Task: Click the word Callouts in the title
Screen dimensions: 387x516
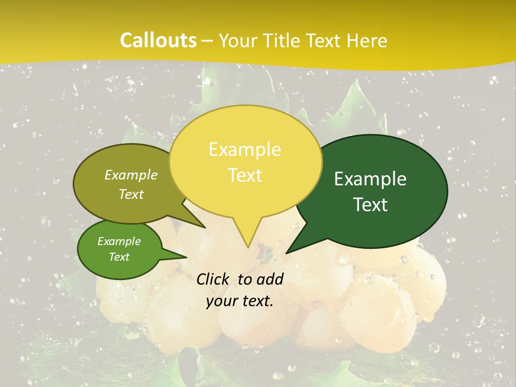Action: pos(158,40)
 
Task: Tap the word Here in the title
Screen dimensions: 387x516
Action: pos(367,40)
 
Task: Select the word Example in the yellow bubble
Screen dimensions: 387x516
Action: pos(245,149)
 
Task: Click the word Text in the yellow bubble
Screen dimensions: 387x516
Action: pos(245,175)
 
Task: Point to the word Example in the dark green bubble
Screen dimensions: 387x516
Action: pos(370,179)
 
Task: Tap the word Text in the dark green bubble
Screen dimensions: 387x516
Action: pos(371,205)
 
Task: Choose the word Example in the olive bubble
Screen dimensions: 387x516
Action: pos(131,175)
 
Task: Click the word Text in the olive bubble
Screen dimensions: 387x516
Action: pos(131,195)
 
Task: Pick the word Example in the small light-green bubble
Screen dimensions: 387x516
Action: pos(119,241)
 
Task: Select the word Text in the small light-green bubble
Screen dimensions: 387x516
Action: pos(119,257)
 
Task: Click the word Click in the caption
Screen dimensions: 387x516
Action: pos(213,279)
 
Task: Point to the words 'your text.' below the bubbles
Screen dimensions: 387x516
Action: pos(240,302)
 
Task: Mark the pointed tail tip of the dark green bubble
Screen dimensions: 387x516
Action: pos(286,253)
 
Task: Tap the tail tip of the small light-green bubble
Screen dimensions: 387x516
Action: pos(187,257)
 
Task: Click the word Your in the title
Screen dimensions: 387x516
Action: pos(238,40)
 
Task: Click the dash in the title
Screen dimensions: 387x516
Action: pos(207,41)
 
